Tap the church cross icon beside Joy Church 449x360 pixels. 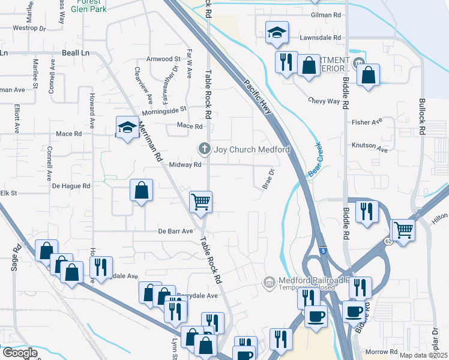coord(204,148)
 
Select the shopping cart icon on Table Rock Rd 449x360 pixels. coord(200,201)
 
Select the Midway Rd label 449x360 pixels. coord(184,164)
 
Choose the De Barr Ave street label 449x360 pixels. coord(175,231)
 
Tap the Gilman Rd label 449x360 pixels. coord(326,15)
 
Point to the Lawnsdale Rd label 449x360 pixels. coord(320,37)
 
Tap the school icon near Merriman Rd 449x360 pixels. coord(127,128)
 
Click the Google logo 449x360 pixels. coord(20,353)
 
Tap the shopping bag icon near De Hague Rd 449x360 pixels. coord(140,191)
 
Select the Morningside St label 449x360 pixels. coord(164,110)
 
